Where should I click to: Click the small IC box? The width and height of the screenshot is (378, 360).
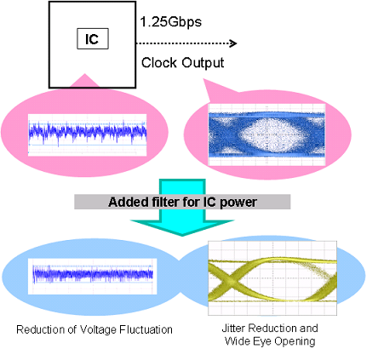point(93,38)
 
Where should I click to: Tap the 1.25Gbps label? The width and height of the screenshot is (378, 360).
point(171,22)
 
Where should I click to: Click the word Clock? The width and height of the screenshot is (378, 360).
point(159,62)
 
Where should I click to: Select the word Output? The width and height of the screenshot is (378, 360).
point(203,63)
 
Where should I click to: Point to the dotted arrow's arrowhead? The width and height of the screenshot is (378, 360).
point(233,43)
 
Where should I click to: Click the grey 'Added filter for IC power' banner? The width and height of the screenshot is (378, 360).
point(182,202)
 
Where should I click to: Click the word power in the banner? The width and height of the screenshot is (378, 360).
point(238,203)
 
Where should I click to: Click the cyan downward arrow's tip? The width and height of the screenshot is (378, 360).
point(182,235)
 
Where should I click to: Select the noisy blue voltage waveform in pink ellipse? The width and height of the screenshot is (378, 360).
point(88,133)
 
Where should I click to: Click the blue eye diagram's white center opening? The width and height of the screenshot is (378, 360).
point(273,134)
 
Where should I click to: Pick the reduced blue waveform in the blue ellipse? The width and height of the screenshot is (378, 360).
point(93,274)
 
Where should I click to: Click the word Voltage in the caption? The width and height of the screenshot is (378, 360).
point(98,330)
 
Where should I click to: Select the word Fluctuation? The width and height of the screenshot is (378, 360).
point(146,329)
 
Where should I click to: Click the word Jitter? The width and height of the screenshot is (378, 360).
point(233,329)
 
